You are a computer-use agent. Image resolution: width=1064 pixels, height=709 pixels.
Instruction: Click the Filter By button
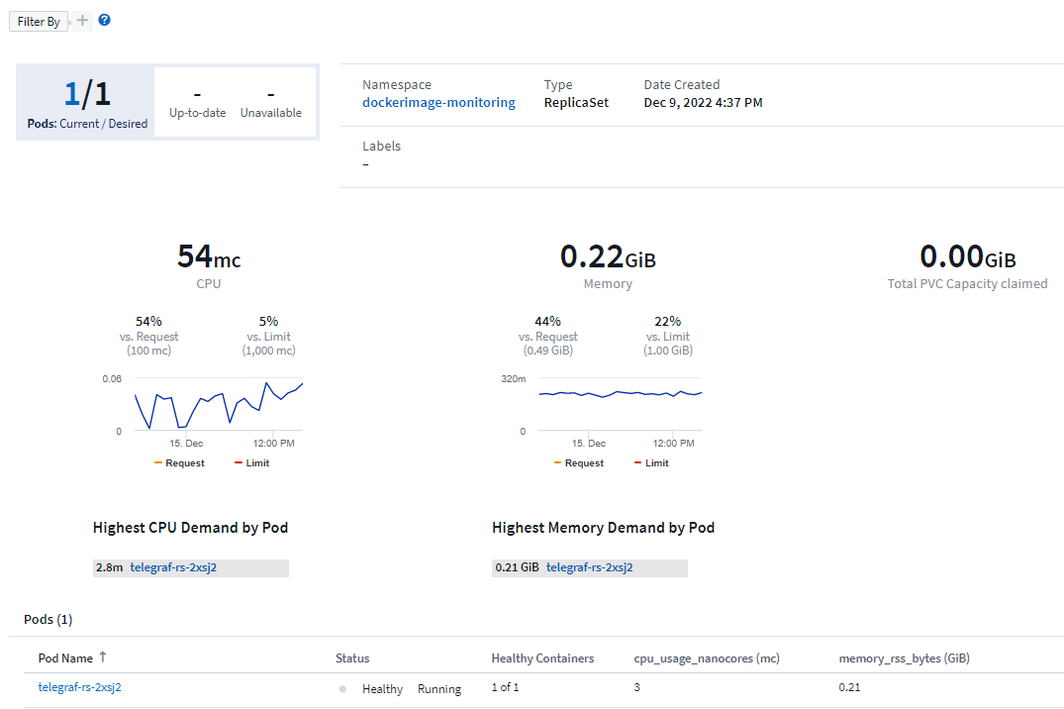click(x=39, y=22)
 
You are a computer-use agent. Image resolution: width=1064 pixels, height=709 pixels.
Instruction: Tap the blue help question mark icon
click(x=104, y=20)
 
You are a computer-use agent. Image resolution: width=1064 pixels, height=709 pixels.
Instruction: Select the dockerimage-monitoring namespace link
click(x=438, y=102)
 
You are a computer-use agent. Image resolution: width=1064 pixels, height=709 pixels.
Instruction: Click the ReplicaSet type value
click(x=576, y=102)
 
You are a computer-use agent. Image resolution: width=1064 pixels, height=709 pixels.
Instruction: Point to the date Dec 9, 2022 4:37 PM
click(x=703, y=102)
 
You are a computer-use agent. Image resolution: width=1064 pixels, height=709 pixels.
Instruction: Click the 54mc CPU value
click(x=209, y=257)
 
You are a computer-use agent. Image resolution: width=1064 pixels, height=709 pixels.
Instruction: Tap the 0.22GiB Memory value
click(x=608, y=257)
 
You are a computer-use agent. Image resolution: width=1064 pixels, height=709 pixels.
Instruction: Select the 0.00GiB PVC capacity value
click(x=967, y=257)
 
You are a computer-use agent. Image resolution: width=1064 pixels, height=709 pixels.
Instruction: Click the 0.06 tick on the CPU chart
click(x=112, y=379)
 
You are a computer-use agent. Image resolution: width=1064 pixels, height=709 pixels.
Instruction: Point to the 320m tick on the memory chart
click(x=513, y=379)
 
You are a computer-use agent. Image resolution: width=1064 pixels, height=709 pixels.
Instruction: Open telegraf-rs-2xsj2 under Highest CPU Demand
click(x=173, y=567)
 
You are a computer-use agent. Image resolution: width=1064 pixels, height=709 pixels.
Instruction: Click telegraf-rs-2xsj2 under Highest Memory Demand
click(x=589, y=567)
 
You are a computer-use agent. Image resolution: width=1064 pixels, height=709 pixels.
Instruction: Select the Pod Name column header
click(x=65, y=658)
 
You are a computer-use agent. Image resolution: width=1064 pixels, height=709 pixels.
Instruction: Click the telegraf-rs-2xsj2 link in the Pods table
click(x=80, y=687)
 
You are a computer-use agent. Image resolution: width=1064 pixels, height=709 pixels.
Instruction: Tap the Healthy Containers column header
click(x=542, y=658)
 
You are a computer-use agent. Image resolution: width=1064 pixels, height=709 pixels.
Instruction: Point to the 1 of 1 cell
click(x=505, y=688)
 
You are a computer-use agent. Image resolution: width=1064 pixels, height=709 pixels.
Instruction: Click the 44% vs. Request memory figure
click(x=547, y=321)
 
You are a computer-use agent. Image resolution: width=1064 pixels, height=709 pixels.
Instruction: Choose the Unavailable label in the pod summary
click(x=270, y=113)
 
